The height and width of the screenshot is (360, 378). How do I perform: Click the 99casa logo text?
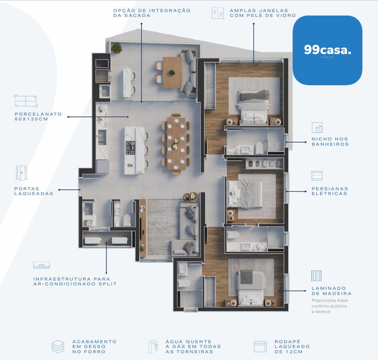[x=327, y=50]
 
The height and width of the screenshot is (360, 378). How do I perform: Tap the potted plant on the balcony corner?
[x=117, y=48]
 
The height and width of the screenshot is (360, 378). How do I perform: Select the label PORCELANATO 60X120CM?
[x=38, y=117]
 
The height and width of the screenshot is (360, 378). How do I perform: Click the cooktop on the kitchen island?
[x=131, y=148]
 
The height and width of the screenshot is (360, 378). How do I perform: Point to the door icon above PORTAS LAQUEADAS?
[x=21, y=173]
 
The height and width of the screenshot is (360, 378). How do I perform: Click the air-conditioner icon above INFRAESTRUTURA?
[x=41, y=265]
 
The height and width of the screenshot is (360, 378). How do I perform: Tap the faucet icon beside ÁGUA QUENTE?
[x=153, y=347]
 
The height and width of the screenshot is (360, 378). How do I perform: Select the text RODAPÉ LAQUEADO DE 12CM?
[x=292, y=346]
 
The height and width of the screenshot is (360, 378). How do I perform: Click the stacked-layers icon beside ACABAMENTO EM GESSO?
[x=58, y=347]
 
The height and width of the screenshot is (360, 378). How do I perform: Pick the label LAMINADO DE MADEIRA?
[x=332, y=291]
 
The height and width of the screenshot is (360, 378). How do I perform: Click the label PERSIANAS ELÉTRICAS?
[x=330, y=191]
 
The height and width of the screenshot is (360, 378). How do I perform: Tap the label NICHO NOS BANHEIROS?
[x=330, y=142]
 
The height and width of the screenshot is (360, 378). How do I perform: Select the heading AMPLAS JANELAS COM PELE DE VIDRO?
[x=263, y=13]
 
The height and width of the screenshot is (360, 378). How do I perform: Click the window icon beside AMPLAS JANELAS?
[x=217, y=13]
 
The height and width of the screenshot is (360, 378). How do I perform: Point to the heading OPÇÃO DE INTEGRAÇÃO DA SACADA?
[x=152, y=13]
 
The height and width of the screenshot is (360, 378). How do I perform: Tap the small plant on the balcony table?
[x=172, y=72]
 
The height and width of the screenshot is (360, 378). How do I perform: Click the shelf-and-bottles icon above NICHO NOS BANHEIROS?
[x=317, y=128]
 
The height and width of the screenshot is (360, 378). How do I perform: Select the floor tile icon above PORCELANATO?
[x=26, y=101]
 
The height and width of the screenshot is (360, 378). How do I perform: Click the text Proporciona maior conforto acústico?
[x=329, y=303]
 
